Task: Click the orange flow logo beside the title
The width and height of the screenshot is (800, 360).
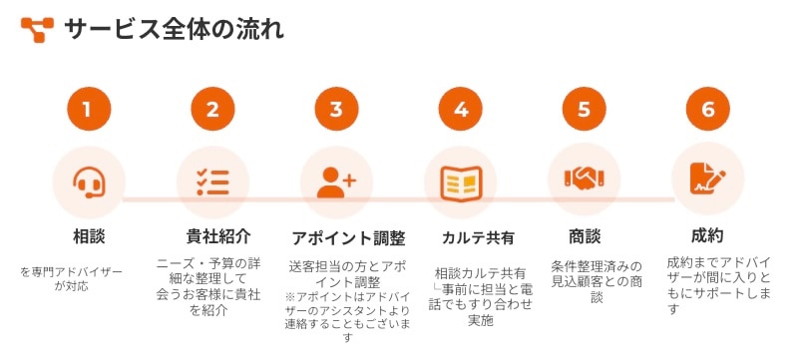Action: [x=37, y=30]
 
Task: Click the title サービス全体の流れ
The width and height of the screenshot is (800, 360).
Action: [x=175, y=30]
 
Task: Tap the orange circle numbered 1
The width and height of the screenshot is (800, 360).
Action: [x=89, y=109]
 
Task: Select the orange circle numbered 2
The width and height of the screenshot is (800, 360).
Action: [x=212, y=109]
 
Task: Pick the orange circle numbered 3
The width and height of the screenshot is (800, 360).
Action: [x=336, y=109]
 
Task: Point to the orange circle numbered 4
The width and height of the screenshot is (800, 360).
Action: [x=461, y=109]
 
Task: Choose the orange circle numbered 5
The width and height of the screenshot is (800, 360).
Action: [x=585, y=109]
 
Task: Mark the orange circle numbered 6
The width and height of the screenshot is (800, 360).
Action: [x=708, y=109]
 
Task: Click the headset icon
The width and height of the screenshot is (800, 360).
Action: [x=90, y=182]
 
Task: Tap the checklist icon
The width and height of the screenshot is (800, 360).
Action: [x=212, y=182]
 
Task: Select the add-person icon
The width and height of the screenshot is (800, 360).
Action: [x=336, y=182]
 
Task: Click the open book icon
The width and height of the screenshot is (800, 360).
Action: [x=461, y=183]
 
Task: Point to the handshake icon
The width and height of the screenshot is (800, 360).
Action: [x=585, y=178]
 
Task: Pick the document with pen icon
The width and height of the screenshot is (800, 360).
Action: [x=708, y=178]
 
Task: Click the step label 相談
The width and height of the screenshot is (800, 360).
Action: [x=89, y=236]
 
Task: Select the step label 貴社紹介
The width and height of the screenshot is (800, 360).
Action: [x=218, y=236]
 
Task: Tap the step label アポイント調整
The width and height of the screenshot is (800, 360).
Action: [x=348, y=238]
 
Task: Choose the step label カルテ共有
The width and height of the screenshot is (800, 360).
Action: [x=478, y=238]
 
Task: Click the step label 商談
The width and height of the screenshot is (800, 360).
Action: [x=585, y=236]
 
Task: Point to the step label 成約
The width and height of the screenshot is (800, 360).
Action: [x=707, y=235]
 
